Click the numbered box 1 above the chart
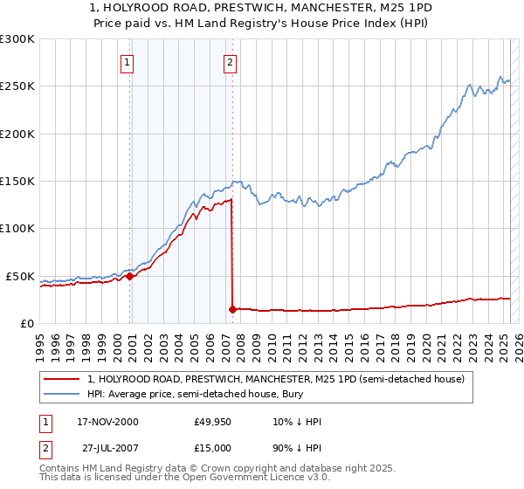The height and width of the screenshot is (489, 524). click(x=128, y=62)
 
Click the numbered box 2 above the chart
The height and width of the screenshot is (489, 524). click(x=230, y=62)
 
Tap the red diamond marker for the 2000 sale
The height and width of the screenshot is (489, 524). click(x=130, y=276)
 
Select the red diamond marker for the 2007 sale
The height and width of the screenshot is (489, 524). click(x=232, y=308)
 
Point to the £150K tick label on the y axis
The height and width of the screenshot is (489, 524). click(x=17, y=181)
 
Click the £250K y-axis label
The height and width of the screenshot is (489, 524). click(x=17, y=86)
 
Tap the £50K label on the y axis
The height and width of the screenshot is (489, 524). click(x=20, y=276)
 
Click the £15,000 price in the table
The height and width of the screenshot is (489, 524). click(x=213, y=446)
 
